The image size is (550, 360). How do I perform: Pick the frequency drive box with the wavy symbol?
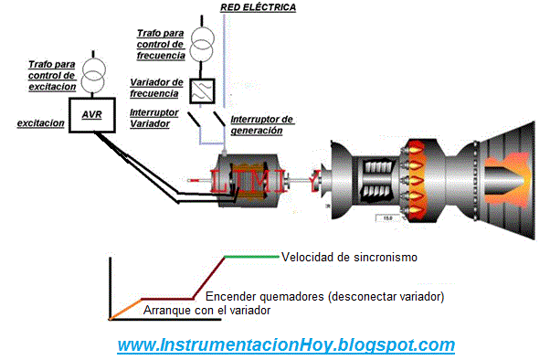click(202, 90)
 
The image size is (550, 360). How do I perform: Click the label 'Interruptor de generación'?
click(261, 125)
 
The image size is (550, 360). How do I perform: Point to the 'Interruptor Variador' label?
click(157, 118)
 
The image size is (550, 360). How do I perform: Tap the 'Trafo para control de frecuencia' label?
click(161, 44)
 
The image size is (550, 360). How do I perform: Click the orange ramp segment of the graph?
click(126, 309)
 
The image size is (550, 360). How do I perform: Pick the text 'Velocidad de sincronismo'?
click(349, 258)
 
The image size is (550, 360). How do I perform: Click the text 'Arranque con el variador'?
click(207, 311)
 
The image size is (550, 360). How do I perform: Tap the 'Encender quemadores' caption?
click(324, 297)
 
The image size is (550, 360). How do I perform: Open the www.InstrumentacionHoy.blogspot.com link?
click(286, 345)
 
